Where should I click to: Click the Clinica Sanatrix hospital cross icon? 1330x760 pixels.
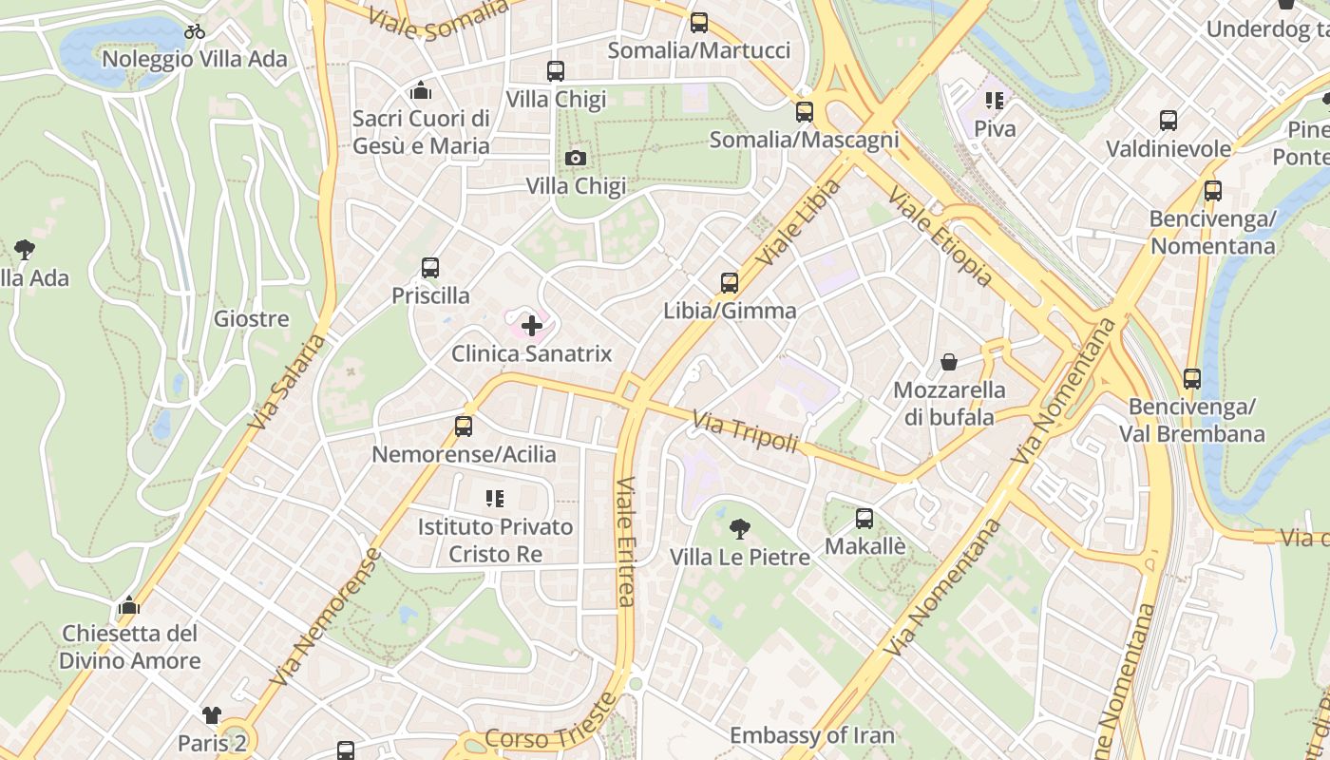tap(532, 326)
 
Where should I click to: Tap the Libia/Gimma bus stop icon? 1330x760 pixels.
tap(730, 282)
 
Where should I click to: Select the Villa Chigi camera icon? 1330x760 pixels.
tap(576, 158)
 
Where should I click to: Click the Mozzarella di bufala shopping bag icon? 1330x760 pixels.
tap(948, 362)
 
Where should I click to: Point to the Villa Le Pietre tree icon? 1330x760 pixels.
tap(739, 528)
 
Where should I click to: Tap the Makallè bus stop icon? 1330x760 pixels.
tap(864, 519)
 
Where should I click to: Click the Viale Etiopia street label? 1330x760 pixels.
tap(940, 237)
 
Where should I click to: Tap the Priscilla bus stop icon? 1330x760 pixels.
tap(430, 268)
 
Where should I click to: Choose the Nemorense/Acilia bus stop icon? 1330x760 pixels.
tap(464, 427)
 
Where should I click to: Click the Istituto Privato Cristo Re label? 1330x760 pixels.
tap(495, 540)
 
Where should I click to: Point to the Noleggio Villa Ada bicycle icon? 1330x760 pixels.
tap(195, 31)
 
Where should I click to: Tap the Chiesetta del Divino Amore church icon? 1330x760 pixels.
tap(129, 605)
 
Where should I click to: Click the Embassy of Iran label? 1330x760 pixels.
tap(812, 735)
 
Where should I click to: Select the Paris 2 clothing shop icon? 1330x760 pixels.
tap(211, 714)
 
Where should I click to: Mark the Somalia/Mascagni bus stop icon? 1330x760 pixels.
tap(805, 112)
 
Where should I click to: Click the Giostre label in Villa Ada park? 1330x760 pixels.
tap(251, 318)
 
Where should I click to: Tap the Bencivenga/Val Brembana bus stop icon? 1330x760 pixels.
tap(1192, 379)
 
